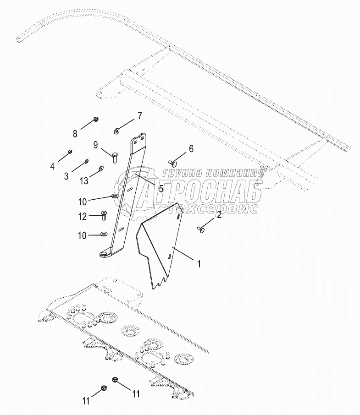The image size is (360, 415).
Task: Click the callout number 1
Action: point(199,264)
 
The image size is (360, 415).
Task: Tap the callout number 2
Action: point(219,214)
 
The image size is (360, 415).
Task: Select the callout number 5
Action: point(66,175)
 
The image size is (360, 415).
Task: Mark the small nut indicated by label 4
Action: point(70,152)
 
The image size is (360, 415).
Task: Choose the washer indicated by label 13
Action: point(101,168)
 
